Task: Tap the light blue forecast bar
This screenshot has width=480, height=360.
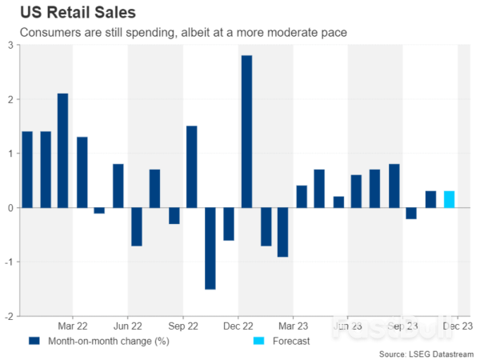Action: click(449, 199)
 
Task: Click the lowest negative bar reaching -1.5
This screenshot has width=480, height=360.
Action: click(210, 248)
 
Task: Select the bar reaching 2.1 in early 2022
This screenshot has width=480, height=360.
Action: click(62, 150)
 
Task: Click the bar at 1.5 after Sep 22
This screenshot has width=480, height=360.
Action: click(191, 166)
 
